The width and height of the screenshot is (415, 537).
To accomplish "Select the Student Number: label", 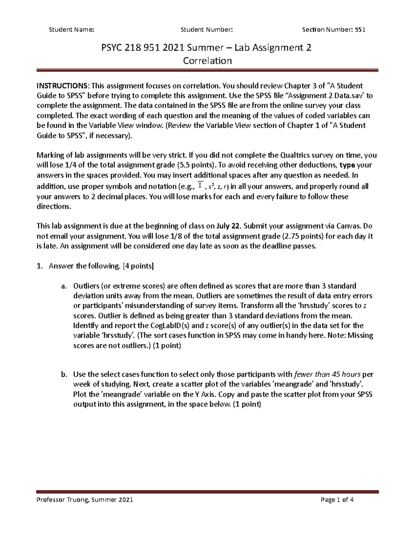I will [x=207, y=30].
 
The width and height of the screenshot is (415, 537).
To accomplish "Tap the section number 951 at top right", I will [x=360, y=30].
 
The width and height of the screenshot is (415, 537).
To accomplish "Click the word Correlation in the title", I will [x=207, y=61].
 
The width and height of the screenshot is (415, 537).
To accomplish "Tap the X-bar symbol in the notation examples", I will [x=200, y=186].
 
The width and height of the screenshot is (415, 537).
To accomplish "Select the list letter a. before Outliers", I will [x=63, y=286].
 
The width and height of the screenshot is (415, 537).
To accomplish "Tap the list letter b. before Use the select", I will [x=63, y=374].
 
